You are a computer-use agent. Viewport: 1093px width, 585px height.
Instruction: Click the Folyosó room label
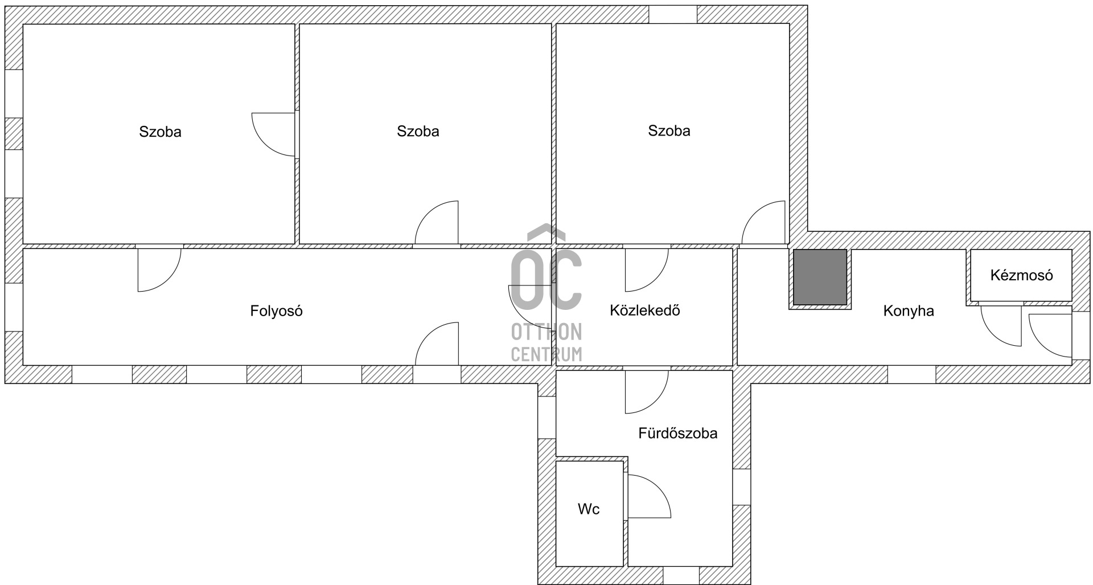(276, 311)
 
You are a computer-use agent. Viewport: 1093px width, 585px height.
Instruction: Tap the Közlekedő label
(644, 310)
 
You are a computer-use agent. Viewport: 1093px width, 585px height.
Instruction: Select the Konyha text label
(909, 311)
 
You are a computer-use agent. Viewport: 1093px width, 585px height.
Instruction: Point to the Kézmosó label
(1021, 276)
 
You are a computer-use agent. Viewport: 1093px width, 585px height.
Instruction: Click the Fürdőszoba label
(677, 433)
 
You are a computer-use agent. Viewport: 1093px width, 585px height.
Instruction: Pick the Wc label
(589, 509)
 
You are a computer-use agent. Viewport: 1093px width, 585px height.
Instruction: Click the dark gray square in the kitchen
(820, 277)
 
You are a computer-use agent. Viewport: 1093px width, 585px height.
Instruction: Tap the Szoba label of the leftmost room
(160, 132)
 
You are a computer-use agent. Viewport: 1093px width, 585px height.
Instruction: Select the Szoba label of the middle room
(418, 131)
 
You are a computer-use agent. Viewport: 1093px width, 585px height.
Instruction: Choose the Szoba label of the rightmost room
(669, 130)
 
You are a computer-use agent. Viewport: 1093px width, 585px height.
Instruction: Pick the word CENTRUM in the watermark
(546, 354)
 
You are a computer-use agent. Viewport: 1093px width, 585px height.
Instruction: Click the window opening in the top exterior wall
(673, 14)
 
